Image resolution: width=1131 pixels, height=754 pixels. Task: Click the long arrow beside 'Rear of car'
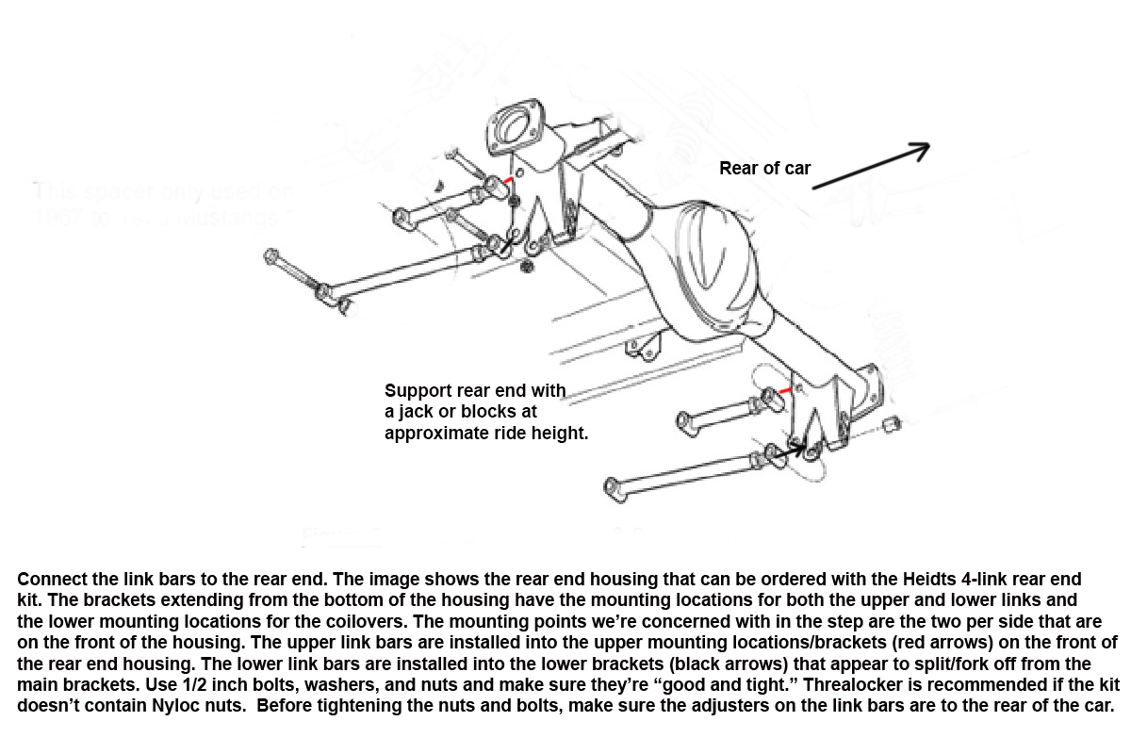pos(871,166)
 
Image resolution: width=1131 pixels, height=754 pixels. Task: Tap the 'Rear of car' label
pos(764,169)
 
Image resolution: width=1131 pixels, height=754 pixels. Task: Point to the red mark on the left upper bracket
pos(509,180)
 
